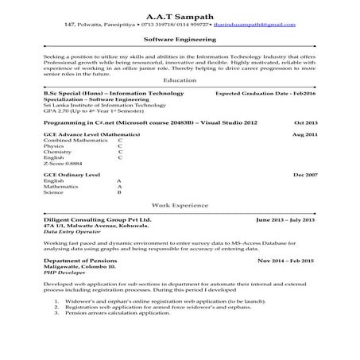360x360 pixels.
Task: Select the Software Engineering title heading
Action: coord(180,38)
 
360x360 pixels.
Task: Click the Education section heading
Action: coord(180,81)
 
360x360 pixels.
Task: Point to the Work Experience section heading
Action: coord(180,205)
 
